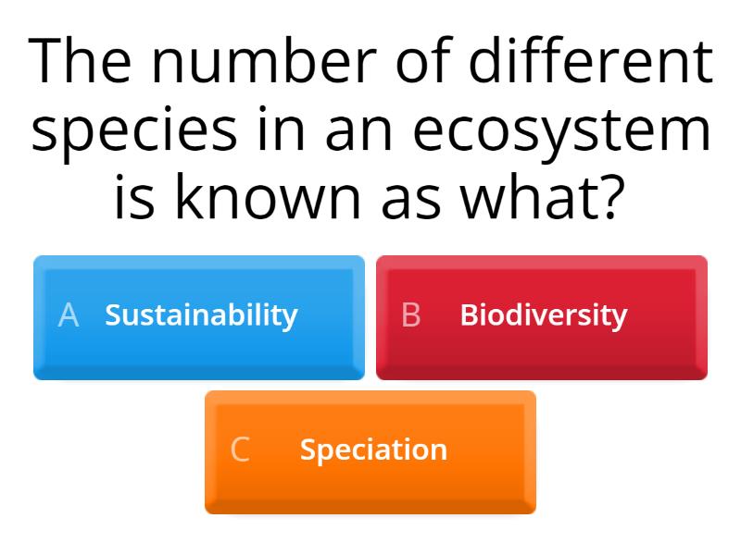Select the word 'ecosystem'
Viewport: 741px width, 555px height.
562,132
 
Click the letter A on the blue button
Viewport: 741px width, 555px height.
69,315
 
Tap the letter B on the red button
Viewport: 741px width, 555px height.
411,315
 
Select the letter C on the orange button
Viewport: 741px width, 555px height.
240,450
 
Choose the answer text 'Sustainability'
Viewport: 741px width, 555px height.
201,315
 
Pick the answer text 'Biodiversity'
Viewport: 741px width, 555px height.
544,315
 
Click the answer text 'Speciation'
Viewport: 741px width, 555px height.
373,450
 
